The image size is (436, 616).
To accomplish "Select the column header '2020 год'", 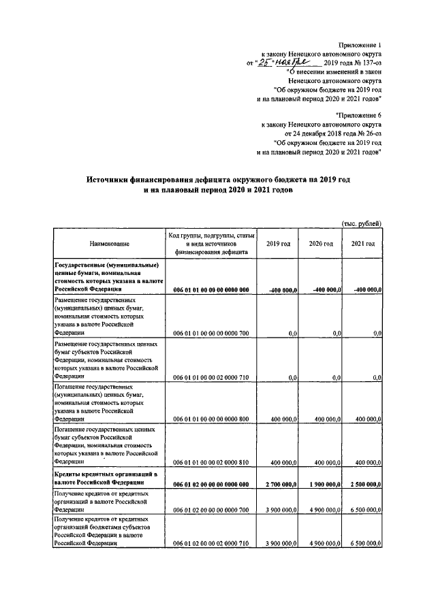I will coord(320,243).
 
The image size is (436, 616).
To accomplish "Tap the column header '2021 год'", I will coord(362,243).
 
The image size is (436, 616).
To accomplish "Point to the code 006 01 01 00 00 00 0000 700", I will coord(211,334).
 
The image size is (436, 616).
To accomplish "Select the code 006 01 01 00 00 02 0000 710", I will coord(211,376).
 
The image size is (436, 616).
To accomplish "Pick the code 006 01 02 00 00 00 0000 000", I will coord(211,483).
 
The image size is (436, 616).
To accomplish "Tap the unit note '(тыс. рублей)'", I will coord(361,223).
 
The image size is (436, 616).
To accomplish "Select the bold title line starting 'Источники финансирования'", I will coord(217,180).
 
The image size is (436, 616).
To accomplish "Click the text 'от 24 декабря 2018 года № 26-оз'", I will coord(328,134).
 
